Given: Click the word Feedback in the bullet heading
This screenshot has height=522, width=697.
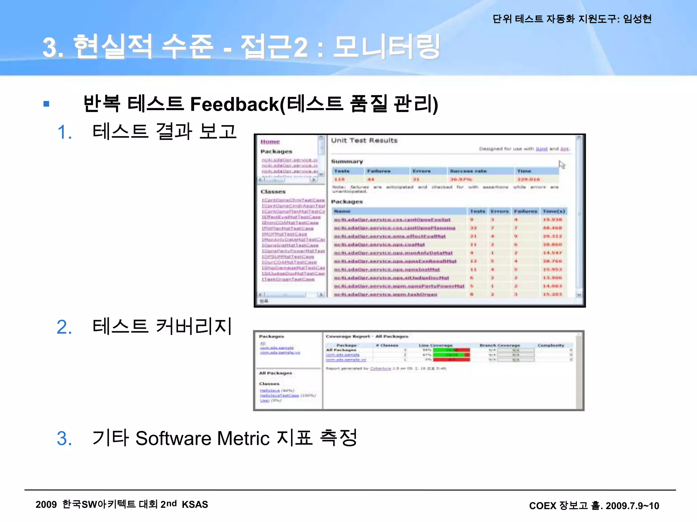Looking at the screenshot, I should [x=234, y=104].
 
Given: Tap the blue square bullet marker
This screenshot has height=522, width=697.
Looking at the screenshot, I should [x=47, y=104].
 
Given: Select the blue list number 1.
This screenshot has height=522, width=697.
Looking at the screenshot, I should [x=64, y=132].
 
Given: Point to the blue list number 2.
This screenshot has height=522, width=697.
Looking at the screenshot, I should [x=64, y=327].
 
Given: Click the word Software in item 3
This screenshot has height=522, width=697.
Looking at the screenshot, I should [x=174, y=438].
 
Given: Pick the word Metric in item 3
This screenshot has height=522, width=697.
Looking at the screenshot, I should [x=243, y=438].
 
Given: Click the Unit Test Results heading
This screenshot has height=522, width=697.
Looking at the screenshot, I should [x=364, y=140].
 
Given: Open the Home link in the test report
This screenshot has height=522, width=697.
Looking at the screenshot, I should [x=270, y=142].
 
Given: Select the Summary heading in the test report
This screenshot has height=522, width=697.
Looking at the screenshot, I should [x=347, y=161].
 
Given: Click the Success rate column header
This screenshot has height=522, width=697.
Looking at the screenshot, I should [x=468, y=171].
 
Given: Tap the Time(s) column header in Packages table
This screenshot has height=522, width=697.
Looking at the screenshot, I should [x=554, y=211].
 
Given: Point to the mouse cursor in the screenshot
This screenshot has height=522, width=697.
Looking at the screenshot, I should [x=562, y=164].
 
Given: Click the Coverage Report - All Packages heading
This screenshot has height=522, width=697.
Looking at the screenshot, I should [x=367, y=336].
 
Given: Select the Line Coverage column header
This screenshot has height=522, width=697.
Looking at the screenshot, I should [x=436, y=345].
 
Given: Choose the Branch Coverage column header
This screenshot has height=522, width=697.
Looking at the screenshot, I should [x=500, y=345].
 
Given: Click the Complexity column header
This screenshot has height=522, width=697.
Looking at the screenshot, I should [x=551, y=345].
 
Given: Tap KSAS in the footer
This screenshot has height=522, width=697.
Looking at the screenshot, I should [x=195, y=504].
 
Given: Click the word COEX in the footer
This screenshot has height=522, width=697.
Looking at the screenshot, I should [x=542, y=506].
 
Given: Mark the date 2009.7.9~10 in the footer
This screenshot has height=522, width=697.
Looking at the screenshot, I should [x=632, y=506].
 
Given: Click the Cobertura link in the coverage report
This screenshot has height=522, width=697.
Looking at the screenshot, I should [x=380, y=368].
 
